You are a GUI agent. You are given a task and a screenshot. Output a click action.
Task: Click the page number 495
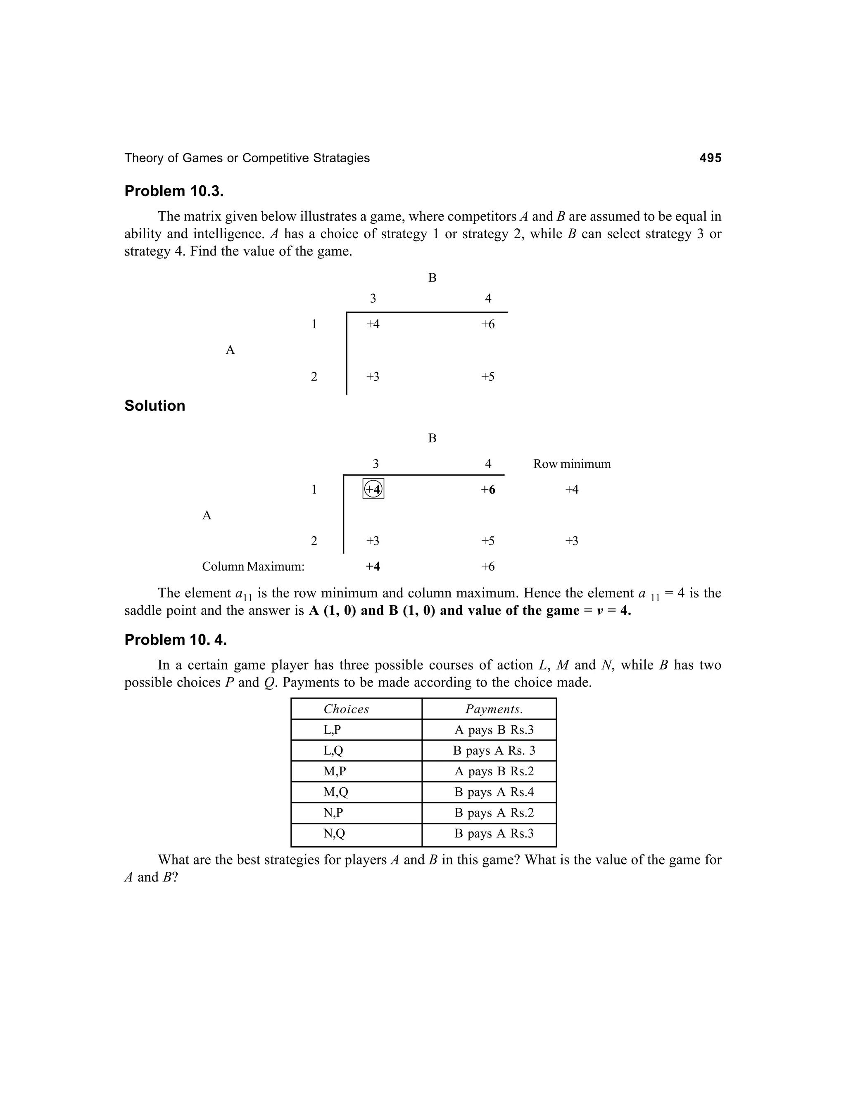pyautogui.click(x=710, y=158)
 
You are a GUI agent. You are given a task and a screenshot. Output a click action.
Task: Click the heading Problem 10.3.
pyautogui.click(x=174, y=192)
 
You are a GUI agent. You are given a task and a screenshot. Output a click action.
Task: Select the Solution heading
pyautogui.click(x=154, y=406)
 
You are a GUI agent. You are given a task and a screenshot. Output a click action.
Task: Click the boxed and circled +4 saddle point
pyautogui.click(x=373, y=489)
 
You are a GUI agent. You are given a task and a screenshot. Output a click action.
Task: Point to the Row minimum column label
pyautogui.click(x=572, y=464)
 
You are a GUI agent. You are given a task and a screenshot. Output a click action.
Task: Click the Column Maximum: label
pyautogui.click(x=253, y=566)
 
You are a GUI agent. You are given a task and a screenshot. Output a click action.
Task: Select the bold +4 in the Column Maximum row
pyautogui.click(x=373, y=566)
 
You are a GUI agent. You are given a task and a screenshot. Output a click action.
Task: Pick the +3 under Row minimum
pyautogui.click(x=572, y=541)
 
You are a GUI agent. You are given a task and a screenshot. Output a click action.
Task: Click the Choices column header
pyautogui.click(x=346, y=709)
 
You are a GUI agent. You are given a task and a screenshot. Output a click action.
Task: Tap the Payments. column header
pyautogui.click(x=494, y=709)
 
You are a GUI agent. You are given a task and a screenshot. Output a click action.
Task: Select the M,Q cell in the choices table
pyautogui.click(x=335, y=792)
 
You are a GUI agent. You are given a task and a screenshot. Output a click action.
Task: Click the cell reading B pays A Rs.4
pyautogui.click(x=494, y=792)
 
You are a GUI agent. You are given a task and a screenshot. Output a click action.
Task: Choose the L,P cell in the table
pyautogui.click(x=332, y=730)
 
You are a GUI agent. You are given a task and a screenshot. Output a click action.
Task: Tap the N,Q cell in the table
pyautogui.click(x=334, y=834)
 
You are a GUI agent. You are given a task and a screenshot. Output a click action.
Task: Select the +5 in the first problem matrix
pyautogui.click(x=488, y=377)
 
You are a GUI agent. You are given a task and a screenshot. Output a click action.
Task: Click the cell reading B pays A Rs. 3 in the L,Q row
pyautogui.click(x=494, y=751)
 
